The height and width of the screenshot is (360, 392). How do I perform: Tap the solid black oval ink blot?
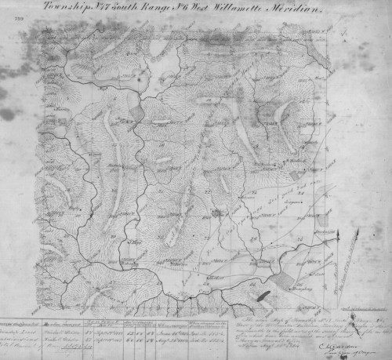[263, 297]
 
